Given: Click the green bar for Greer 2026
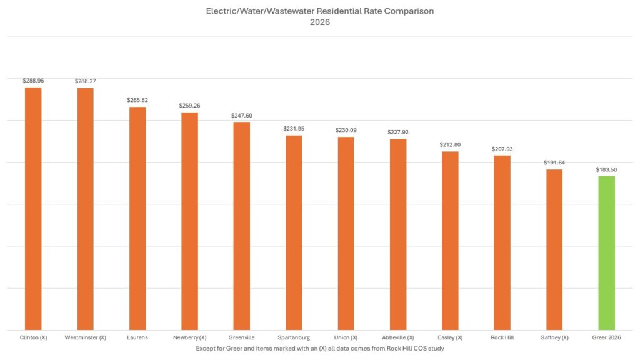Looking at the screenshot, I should [x=606, y=252].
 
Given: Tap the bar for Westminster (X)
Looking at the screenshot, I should [x=85, y=209].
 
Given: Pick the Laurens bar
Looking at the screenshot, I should [x=137, y=218].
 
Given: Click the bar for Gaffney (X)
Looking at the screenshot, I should [x=554, y=249].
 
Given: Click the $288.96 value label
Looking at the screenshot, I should [x=33, y=81].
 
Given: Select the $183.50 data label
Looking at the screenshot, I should [x=606, y=169].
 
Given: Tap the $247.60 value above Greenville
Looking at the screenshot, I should [x=242, y=116].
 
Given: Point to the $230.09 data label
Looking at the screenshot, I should [x=346, y=130].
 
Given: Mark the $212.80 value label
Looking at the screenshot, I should [x=450, y=145].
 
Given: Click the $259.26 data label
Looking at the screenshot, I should [x=189, y=106].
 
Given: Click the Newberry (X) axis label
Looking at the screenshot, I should [x=189, y=338].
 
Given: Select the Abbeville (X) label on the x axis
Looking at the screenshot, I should [x=398, y=338].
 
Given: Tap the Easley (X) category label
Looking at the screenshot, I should [x=450, y=338].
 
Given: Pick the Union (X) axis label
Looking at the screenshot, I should [x=346, y=338].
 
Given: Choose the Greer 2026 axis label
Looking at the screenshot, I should [x=606, y=338].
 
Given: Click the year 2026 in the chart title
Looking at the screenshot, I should [x=319, y=22].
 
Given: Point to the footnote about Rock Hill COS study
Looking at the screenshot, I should [x=319, y=348].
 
